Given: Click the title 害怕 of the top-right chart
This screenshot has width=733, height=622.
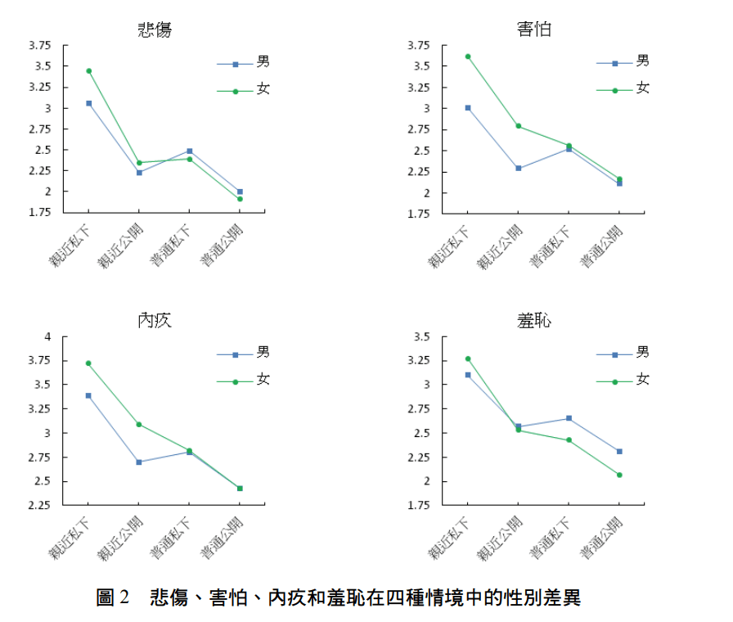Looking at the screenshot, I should [x=534, y=30].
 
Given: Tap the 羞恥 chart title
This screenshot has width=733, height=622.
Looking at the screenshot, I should [x=534, y=320].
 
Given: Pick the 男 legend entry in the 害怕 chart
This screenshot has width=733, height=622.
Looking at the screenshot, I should [x=643, y=61].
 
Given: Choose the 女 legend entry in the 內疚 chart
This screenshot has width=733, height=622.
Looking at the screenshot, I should [x=263, y=379].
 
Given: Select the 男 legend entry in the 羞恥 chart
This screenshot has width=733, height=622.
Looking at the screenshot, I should [x=643, y=353].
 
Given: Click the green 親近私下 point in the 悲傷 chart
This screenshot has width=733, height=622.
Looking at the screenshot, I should [x=88, y=71].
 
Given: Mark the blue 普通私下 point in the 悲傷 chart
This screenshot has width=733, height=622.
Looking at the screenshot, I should [x=190, y=151].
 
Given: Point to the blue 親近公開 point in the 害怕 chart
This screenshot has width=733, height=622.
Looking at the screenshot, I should [x=519, y=169].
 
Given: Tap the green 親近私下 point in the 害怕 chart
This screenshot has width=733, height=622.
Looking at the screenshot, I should [x=468, y=56].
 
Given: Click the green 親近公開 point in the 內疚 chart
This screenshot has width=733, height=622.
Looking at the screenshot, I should [x=139, y=424].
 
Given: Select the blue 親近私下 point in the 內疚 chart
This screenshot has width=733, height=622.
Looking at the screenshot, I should [x=88, y=395].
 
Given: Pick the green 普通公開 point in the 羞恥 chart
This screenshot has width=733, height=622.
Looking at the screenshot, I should [x=619, y=475].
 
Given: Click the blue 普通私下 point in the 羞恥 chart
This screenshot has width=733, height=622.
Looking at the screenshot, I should [x=569, y=418].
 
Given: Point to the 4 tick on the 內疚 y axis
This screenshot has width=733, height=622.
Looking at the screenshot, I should [x=47, y=337].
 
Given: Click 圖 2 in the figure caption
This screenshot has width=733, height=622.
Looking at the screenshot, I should [x=113, y=597].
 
